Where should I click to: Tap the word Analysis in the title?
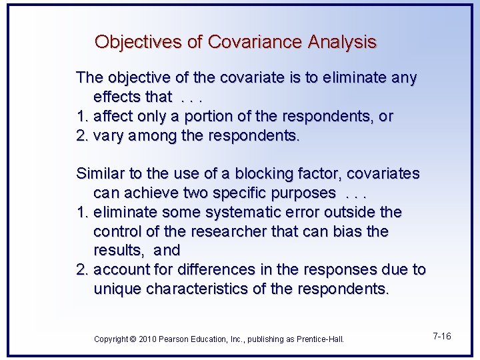tap(342, 42)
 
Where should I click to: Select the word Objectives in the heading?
tap(139, 42)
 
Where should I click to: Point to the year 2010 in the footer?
tap(147, 339)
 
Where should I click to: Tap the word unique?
tap(115, 289)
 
